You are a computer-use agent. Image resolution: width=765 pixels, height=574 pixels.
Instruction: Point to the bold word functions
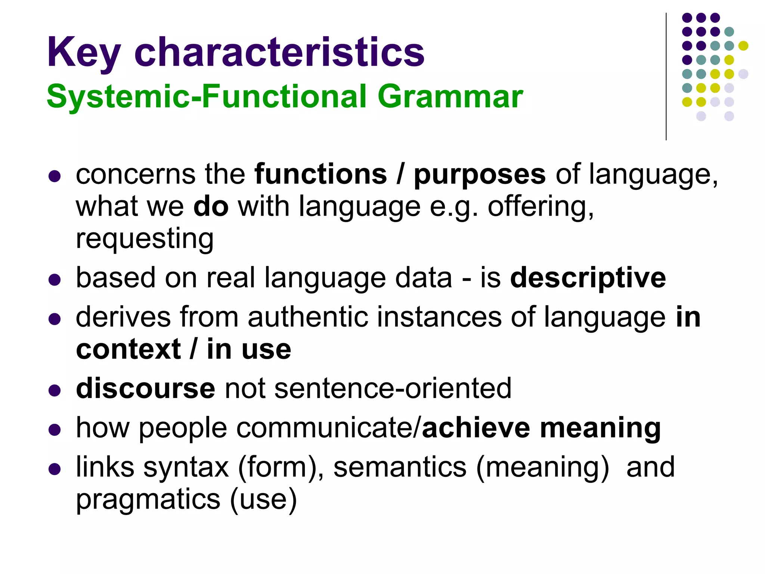pos(320,175)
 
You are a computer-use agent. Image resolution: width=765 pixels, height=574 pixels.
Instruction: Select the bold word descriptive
pos(588,278)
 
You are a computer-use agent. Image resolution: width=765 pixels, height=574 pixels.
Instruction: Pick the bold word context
pos(128,350)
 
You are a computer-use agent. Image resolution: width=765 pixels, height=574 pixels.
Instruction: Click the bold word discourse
pos(146,389)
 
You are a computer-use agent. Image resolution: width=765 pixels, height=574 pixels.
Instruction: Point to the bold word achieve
pos(476,428)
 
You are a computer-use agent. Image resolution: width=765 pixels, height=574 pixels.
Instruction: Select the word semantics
pos(400,467)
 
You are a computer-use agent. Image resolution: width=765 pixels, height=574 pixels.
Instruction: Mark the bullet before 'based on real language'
pos(55,280)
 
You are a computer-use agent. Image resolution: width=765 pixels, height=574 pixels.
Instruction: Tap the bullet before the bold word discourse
pos(55,390)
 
